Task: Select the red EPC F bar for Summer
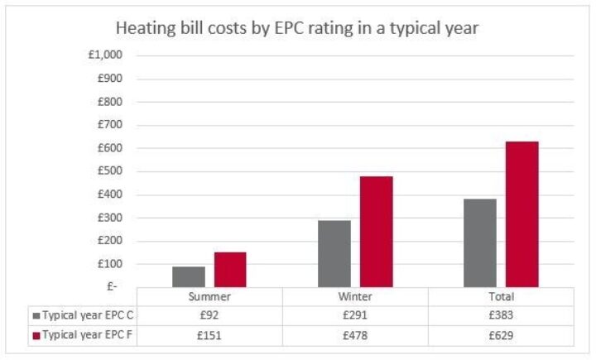point(230,270)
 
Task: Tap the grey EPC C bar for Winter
point(335,253)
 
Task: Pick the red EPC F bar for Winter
point(377,232)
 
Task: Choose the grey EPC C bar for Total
point(481,242)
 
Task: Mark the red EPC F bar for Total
point(522,214)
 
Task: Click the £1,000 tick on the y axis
point(106,56)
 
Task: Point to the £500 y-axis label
point(110,172)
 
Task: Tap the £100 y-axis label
point(110,264)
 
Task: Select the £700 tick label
point(110,126)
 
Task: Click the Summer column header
point(209,296)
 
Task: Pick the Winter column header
point(356,296)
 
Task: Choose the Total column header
point(502,296)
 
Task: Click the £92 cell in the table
point(209,315)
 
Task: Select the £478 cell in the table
point(356,335)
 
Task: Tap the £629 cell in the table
point(502,335)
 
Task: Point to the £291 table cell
point(356,315)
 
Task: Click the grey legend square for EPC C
point(36,315)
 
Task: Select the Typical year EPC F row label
point(84,335)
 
